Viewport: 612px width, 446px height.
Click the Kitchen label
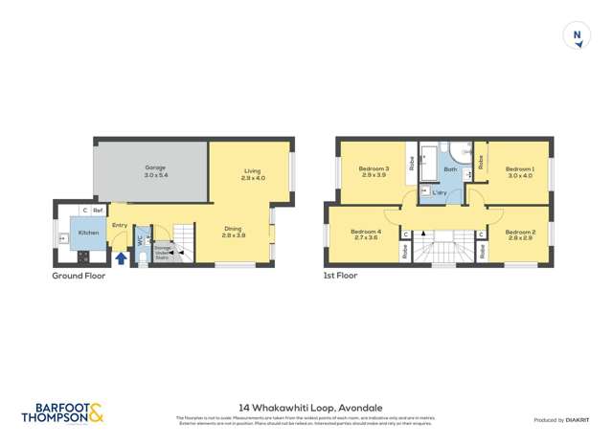tap(88, 233)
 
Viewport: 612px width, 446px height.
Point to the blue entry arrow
tap(121, 257)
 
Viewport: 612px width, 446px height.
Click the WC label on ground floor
tap(140, 240)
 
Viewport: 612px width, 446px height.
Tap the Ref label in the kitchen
tap(99, 211)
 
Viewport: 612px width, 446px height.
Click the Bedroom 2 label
tap(520, 233)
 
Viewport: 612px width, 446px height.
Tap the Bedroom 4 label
tap(365, 233)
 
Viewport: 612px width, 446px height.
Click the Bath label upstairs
tap(450, 169)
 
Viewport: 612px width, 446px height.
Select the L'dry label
tap(439, 193)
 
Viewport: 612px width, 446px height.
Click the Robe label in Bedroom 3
tap(411, 164)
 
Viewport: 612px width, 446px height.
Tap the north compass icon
tap(577, 36)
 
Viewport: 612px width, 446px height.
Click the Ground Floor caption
tap(79, 276)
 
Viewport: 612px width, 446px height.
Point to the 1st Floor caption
tap(340, 276)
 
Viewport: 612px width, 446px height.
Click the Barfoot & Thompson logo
tap(62, 413)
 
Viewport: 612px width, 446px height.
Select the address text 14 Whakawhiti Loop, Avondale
tap(306, 407)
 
